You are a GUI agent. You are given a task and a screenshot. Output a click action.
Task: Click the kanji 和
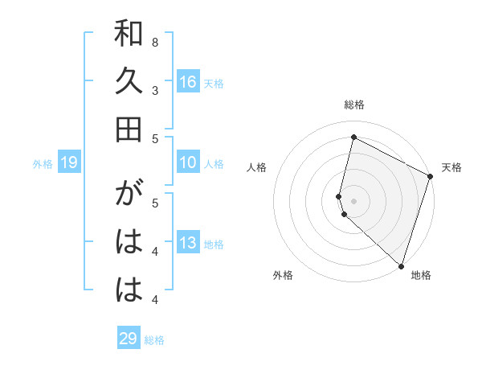pos(129,35)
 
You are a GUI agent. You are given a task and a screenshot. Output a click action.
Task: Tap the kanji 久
pos(129,82)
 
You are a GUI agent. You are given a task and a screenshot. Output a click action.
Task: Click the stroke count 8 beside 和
pos(155,42)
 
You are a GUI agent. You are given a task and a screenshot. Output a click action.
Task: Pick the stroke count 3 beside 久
pos(155,90)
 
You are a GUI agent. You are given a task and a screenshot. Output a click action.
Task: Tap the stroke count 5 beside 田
pos(155,138)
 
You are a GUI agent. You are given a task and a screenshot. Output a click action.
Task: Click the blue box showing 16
pos(188,82)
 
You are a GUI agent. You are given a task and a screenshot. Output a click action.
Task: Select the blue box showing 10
pos(188,162)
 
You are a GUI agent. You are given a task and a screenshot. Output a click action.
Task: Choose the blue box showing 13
pos(188,244)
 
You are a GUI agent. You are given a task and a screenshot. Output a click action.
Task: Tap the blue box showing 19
pos(69,163)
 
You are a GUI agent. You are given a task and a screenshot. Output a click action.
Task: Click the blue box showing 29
pos(129,339)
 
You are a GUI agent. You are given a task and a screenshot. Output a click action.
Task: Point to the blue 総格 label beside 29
pos(154,340)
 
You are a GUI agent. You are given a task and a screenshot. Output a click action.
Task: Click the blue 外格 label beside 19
pos(43,164)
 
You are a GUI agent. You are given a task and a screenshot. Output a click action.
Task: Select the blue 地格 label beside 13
pos(214,244)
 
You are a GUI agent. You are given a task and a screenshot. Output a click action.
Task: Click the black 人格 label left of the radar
pos(257,167)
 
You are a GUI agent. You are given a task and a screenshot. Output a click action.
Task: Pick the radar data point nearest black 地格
pos(400,265)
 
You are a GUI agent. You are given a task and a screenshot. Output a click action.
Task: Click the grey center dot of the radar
pos(354,199)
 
